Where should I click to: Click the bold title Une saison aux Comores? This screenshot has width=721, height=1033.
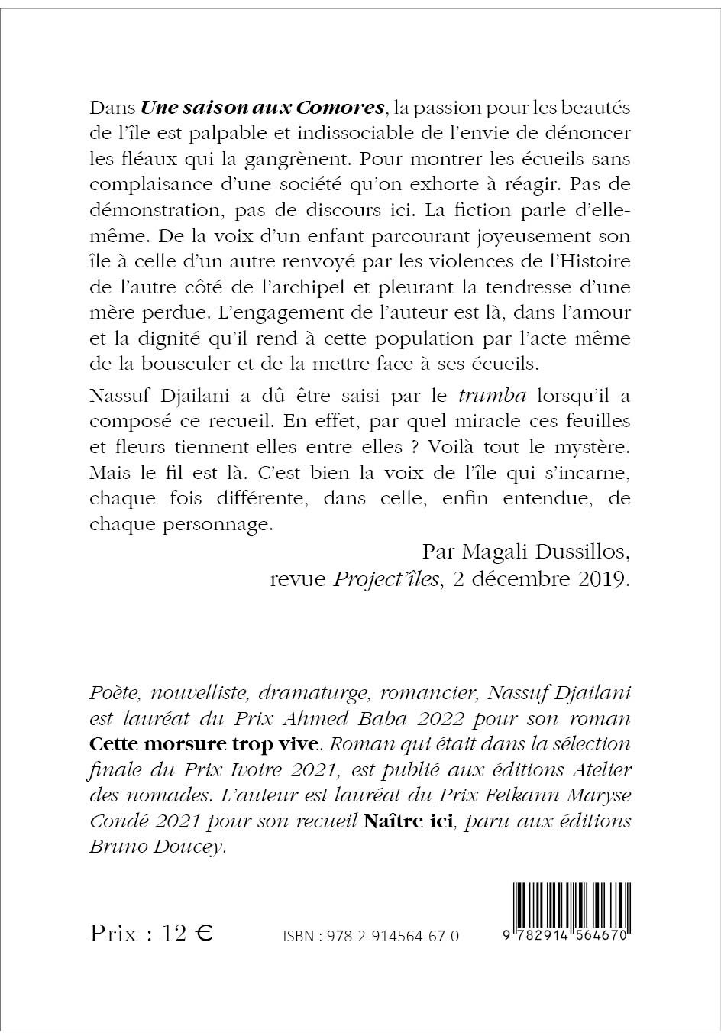click(x=262, y=106)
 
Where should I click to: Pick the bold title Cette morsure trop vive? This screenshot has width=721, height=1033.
click(x=203, y=743)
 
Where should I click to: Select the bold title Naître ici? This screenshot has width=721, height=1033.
click(x=409, y=821)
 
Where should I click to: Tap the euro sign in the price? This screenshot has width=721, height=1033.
click(x=204, y=934)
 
